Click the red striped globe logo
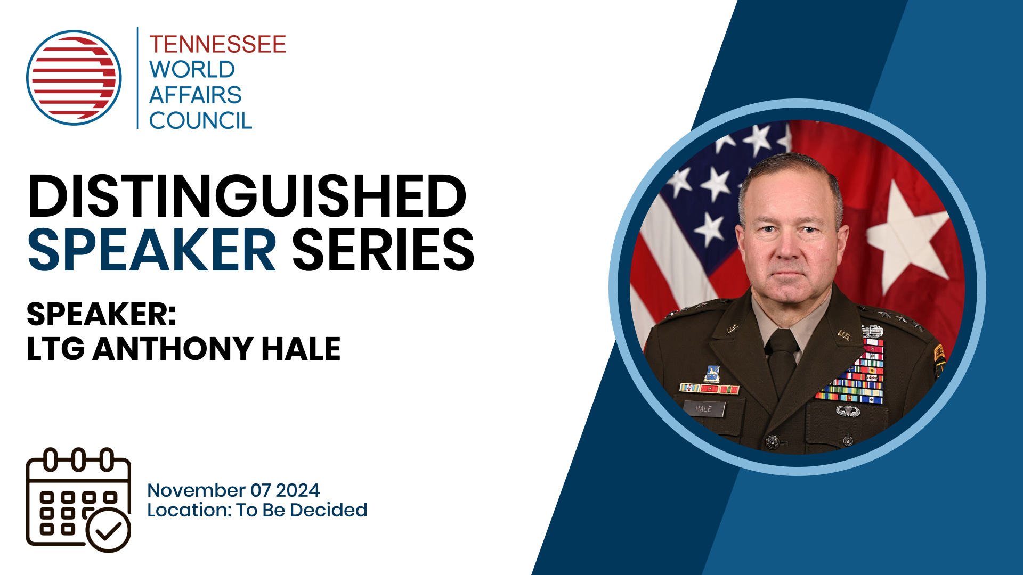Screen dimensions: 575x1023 (x=74, y=78)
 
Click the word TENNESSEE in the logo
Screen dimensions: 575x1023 (x=217, y=44)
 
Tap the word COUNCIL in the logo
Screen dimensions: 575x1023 (x=200, y=121)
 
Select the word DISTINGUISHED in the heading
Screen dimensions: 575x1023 (x=247, y=196)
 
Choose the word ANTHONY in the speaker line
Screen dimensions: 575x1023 (x=172, y=349)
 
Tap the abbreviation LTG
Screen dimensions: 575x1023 (x=55, y=349)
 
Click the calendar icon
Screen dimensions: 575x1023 (x=78, y=499)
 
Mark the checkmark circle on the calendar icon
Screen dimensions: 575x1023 (x=109, y=530)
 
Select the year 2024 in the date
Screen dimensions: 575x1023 (x=297, y=490)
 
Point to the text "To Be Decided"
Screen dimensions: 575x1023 (x=302, y=510)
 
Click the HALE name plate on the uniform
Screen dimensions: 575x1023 (x=703, y=409)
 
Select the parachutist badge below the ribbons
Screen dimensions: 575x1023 (x=848, y=410)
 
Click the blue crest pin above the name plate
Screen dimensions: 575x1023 (x=712, y=373)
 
